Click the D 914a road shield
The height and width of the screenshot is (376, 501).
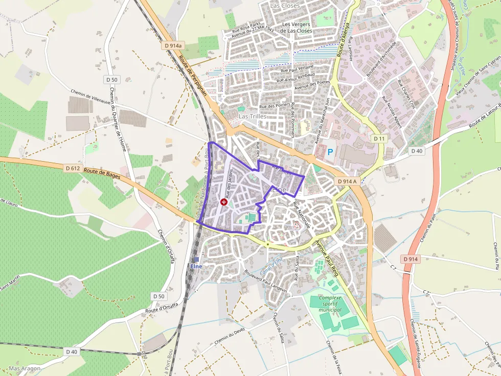point(173,45)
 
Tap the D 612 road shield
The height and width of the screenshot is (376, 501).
point(72,168)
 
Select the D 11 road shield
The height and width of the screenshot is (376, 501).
point(379,139)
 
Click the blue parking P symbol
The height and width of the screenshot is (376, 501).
point(330,152)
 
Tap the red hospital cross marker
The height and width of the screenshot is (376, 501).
point(223,202)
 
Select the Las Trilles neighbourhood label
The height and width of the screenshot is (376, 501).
point(253,116)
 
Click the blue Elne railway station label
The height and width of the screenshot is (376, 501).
point(196,266)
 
